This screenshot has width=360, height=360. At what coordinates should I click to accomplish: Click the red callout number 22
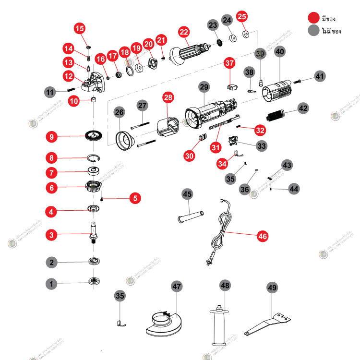(184, 32)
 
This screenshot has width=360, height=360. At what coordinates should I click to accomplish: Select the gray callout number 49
(272, 288)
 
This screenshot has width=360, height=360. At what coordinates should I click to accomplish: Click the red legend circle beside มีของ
(314, 18)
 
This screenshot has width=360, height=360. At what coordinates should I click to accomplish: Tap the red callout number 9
(52, 137)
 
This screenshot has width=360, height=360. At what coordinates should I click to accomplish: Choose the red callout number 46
(262, 236)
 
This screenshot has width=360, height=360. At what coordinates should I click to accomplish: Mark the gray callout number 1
(52, 284)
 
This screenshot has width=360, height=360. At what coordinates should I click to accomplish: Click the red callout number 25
(242, 17)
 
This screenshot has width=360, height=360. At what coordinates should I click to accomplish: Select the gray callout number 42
(303, 108)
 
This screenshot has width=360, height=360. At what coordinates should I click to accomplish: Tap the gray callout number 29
(204, 87)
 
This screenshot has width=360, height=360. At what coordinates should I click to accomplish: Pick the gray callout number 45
(187, 194)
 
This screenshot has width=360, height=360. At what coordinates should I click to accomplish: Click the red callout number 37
(230, 63)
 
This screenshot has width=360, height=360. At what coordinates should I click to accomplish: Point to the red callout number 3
(52, 235)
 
